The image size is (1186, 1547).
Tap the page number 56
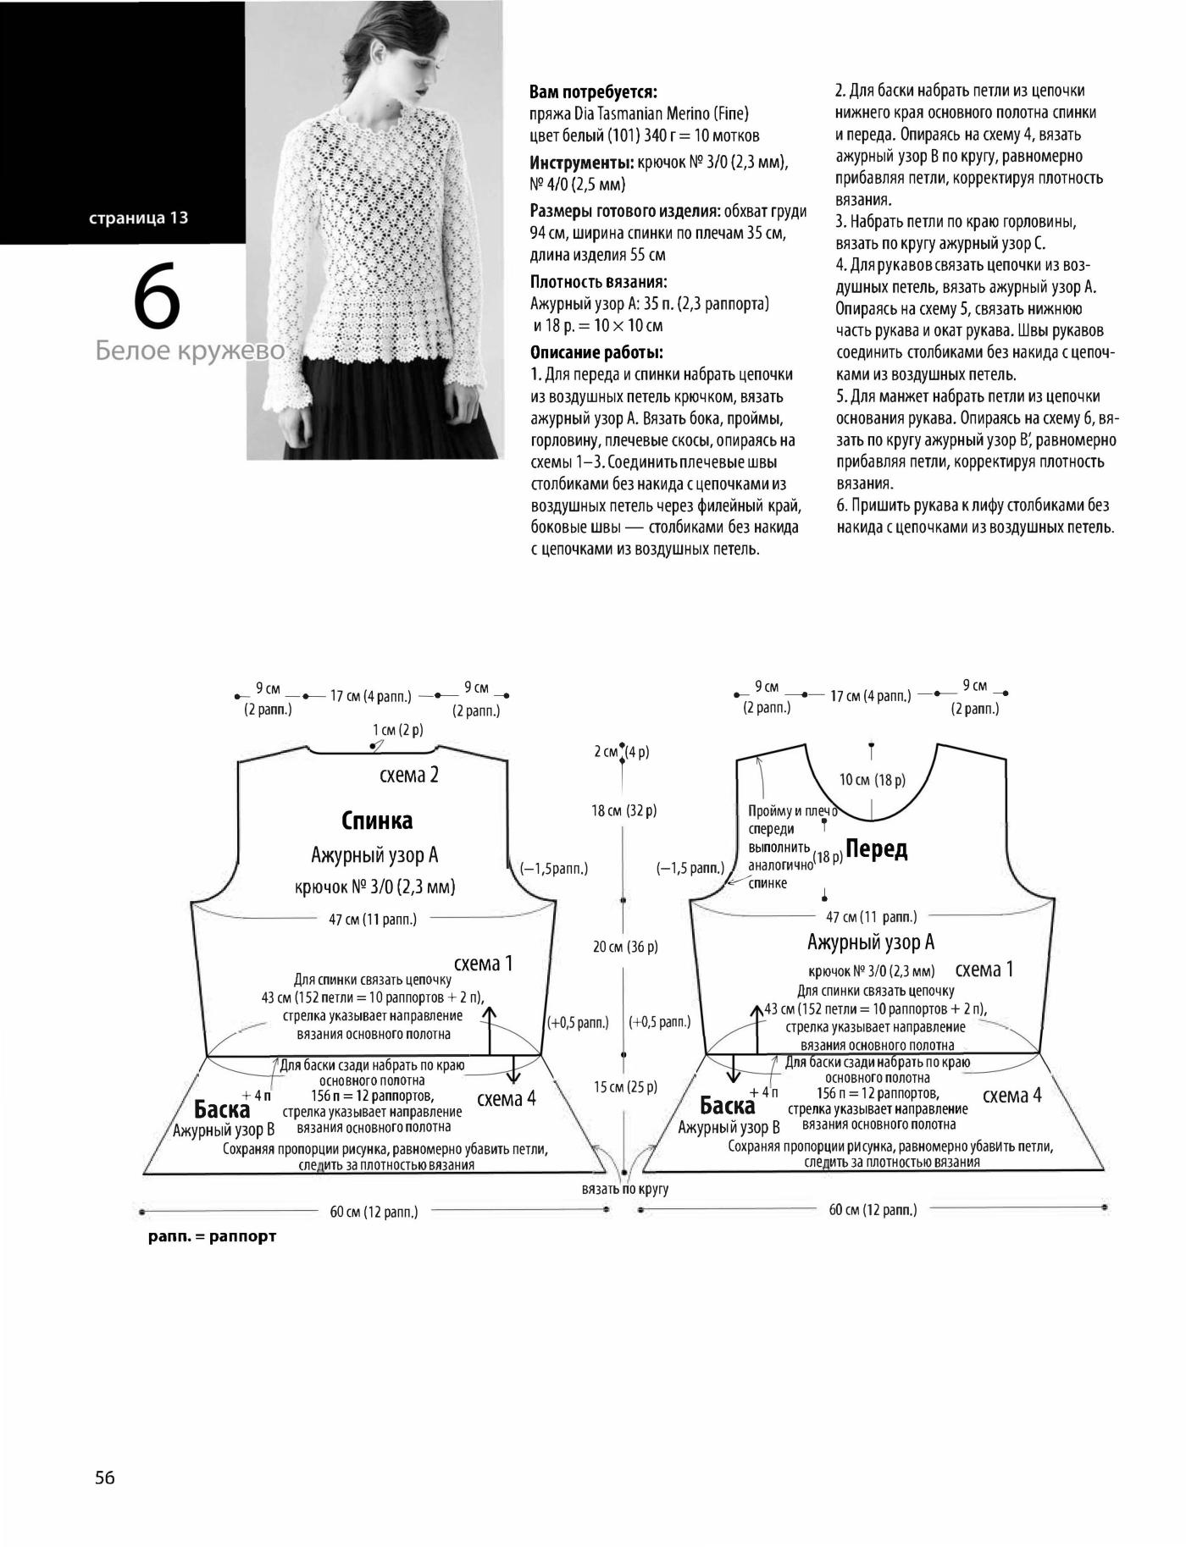coord(105,1478)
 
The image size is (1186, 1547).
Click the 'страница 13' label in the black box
coord(138,218)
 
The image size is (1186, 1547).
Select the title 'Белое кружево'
coord(190,351)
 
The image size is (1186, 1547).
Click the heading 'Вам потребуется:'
coord(593,91)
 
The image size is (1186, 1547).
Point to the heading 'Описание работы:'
coord(596,352)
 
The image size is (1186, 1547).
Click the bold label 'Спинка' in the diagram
coord(377,820)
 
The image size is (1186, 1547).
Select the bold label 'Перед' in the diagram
coord(876,848)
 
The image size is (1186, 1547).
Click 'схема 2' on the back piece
coord(409,775)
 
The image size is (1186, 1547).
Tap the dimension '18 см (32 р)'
coord(624,810)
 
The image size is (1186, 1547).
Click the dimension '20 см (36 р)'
coord(625,947)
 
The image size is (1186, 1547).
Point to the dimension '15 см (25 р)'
coord(625,1086)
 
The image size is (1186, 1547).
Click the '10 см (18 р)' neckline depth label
coord(873,779)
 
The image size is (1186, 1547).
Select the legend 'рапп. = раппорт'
coord(212,1236)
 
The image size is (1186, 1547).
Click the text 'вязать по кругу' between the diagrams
coord(625,1189)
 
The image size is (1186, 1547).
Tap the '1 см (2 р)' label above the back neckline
coord(398,730)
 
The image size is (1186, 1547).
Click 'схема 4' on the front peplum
coord(1011,1096)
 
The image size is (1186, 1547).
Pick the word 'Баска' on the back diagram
coord(222,1108)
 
